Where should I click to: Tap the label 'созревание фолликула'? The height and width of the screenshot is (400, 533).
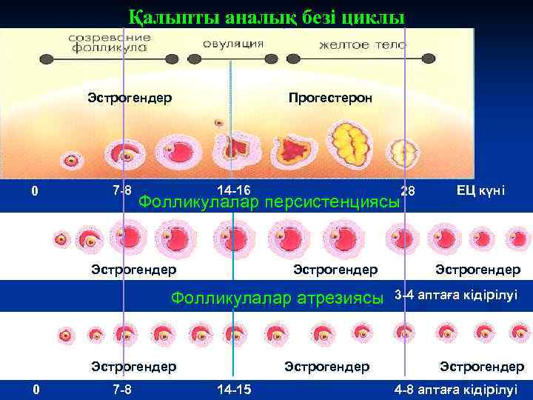coord(110,41)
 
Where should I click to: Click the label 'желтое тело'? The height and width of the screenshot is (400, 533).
coord(363,44)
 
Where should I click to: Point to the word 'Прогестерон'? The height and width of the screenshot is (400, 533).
coord(330,97)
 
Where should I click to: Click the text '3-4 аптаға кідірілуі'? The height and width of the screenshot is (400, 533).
coord(454,296)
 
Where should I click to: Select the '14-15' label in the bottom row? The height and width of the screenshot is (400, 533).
coord(233,390)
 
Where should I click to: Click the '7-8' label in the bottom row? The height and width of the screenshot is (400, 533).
coord(122,390)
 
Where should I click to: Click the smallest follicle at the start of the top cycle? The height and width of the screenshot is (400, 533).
coord(71,159)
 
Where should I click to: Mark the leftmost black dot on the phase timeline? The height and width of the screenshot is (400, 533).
coord(45,57)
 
